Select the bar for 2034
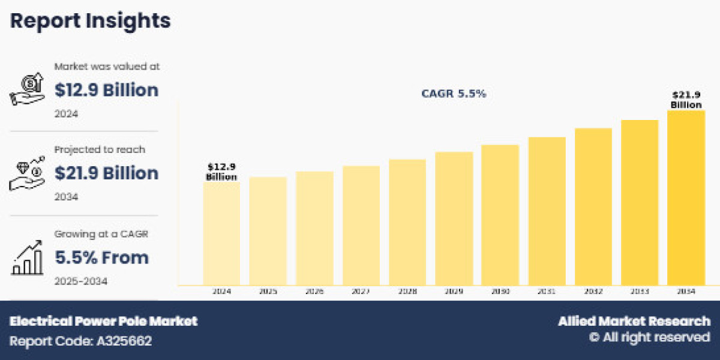coord(686,197)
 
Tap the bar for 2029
coord(454,218)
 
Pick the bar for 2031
coord(547,211)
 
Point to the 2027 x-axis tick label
coord(361,292)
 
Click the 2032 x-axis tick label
coord(593,292)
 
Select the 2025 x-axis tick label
coord(268,292)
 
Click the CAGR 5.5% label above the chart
coord(453,94)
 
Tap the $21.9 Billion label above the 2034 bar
coord(686,100)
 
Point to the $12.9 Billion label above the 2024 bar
coord(221,172)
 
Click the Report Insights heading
coord(90,21)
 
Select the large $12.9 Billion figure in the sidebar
coord(107,90)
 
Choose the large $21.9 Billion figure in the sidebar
coord(107,173)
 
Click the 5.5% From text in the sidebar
coord(102,257)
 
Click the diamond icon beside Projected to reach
coord(27,173)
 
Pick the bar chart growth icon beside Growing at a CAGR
coord(27,257)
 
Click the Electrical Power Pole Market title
coord(103,321)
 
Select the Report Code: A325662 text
coord(80,341)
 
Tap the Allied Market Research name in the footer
coord(634,321)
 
